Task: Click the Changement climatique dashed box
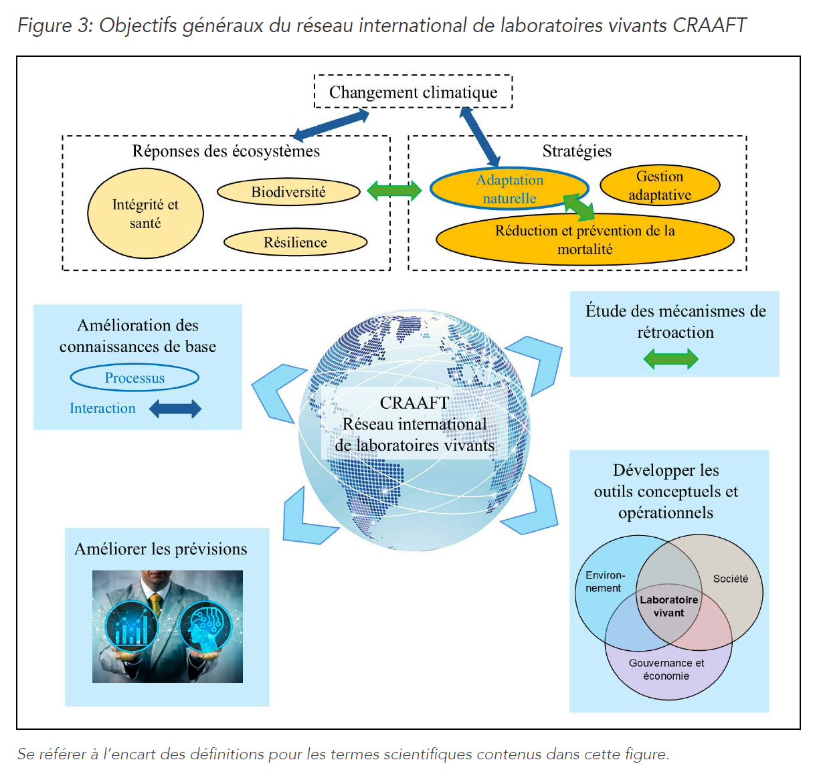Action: tap(413, 92)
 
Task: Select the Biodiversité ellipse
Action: tap(288, 192)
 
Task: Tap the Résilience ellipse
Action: tap(295, 242)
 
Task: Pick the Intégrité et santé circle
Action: tap(145, 213)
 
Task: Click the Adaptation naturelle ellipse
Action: tap(509, 189)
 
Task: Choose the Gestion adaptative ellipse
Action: tap(660, 185)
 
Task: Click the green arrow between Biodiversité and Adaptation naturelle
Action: tap(394, 191)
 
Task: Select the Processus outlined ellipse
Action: tap(134, 378)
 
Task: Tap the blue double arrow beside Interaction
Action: tap(175, 409)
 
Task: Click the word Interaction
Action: tap(102, 408)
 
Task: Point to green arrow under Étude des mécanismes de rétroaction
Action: tap(670, 359)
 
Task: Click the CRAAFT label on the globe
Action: tap(414, 403)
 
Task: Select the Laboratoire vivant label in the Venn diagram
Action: tap(668, 606)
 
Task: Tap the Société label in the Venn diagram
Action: tap(730, 579)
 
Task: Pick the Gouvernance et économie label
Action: tap(666, 669)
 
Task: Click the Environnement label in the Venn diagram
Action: tap(604, 581)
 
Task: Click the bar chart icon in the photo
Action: tap(131, 627)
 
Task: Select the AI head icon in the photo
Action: tap(205, 627)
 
